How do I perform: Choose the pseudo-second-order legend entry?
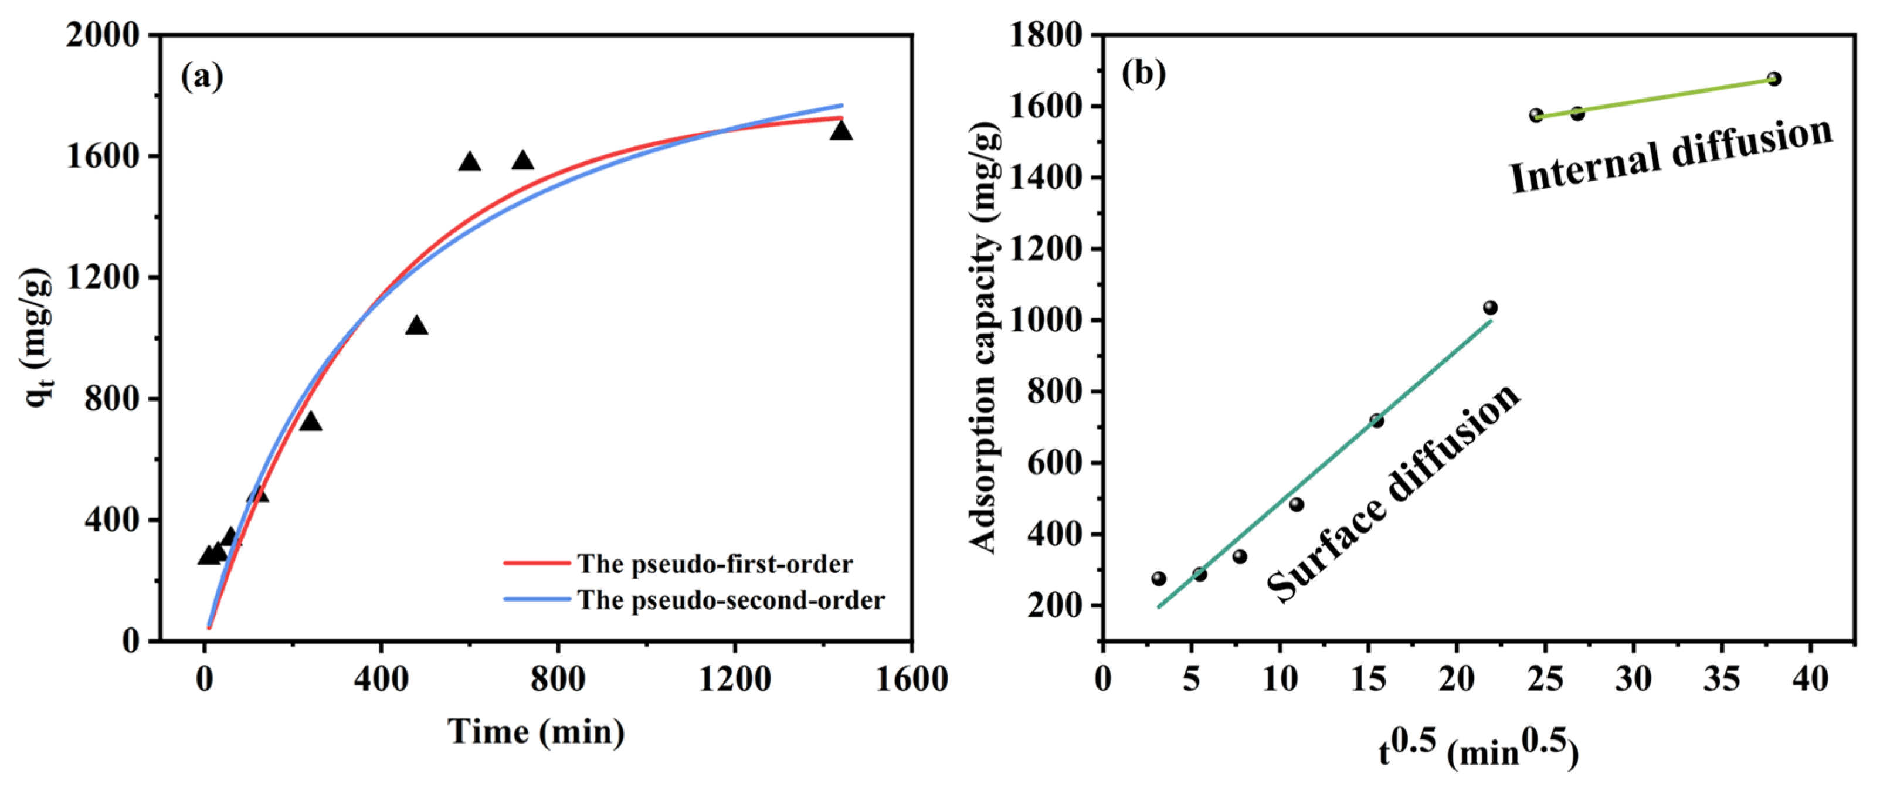[730, 600]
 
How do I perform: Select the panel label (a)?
[202, 76]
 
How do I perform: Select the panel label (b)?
[1143, 73]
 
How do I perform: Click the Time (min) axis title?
[537, 732]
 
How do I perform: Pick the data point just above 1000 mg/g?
[1490, 308]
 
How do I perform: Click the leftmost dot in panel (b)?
[1159, 579]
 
